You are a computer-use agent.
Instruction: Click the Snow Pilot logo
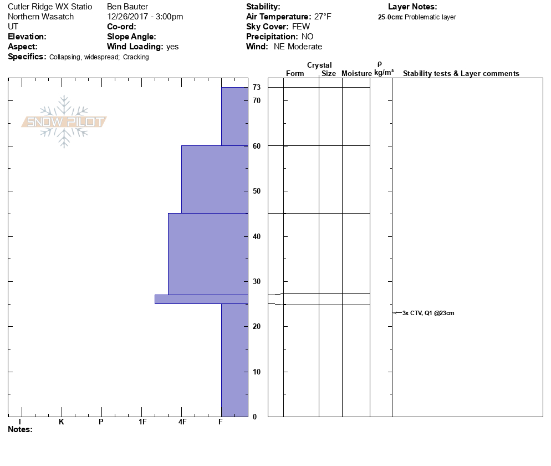64,122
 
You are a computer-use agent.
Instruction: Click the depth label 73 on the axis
257,88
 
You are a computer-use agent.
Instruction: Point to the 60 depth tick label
257,146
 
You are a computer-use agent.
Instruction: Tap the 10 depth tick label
257,372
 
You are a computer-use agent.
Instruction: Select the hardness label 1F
142,422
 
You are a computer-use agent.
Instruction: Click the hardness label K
62,422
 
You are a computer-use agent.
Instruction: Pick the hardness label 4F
182,422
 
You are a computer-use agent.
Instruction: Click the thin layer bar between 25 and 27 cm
201,299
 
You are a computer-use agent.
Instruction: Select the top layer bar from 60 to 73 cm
234,116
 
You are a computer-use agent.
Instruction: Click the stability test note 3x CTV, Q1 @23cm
428,313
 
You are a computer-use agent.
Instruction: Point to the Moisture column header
356,74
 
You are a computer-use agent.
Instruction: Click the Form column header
295,74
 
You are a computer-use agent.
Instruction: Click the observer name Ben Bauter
127,7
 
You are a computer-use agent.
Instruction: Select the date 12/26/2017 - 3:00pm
145,17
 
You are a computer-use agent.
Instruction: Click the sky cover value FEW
301,27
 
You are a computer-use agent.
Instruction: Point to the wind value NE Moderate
298,47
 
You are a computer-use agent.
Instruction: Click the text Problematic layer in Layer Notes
431,17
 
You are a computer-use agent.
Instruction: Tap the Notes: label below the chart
21,429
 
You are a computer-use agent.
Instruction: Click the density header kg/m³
384,73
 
